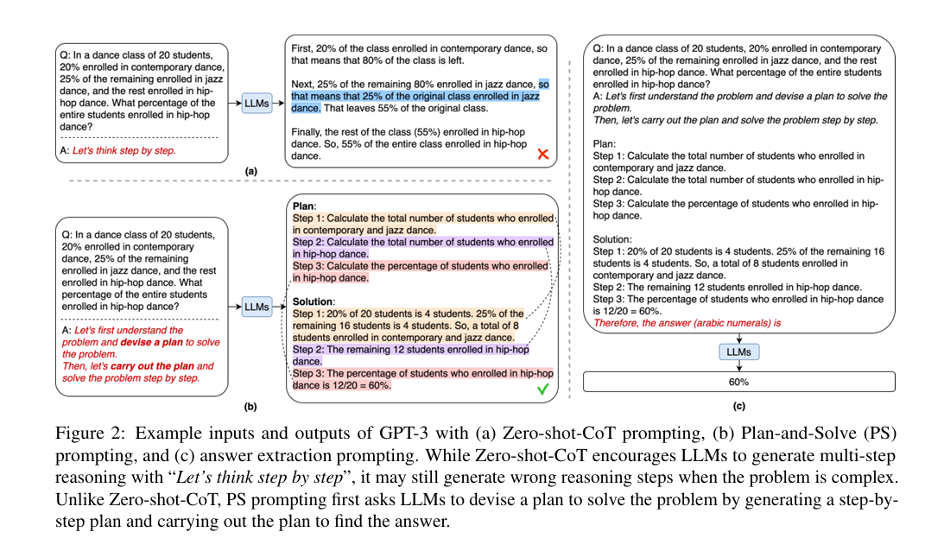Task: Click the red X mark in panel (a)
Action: tap(543, 155)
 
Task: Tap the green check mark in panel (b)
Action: tap(543, 389)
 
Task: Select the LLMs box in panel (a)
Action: tap(257, 104)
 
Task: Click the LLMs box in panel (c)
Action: tap(738, 352)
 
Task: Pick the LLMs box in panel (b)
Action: tap(257, 306)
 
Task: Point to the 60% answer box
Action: tap(738, 381)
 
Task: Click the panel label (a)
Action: tap(250, 172)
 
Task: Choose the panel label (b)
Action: tap(250, 405)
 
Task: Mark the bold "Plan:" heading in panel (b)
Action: tap(304, 207)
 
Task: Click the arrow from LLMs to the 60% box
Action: tap(738, 366)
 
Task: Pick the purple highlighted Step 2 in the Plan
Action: tap(421, 248)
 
